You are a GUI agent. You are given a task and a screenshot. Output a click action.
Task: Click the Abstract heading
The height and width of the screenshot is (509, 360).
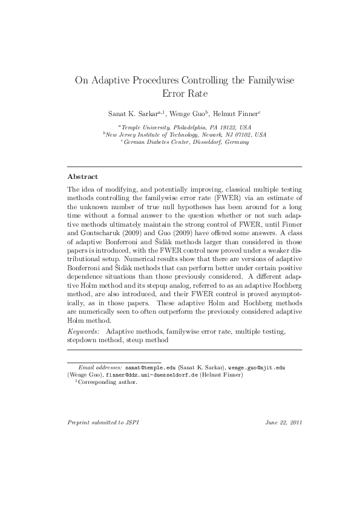click(x=82, y=177)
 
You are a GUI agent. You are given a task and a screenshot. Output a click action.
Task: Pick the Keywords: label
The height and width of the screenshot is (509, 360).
click(x=83, y=332)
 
